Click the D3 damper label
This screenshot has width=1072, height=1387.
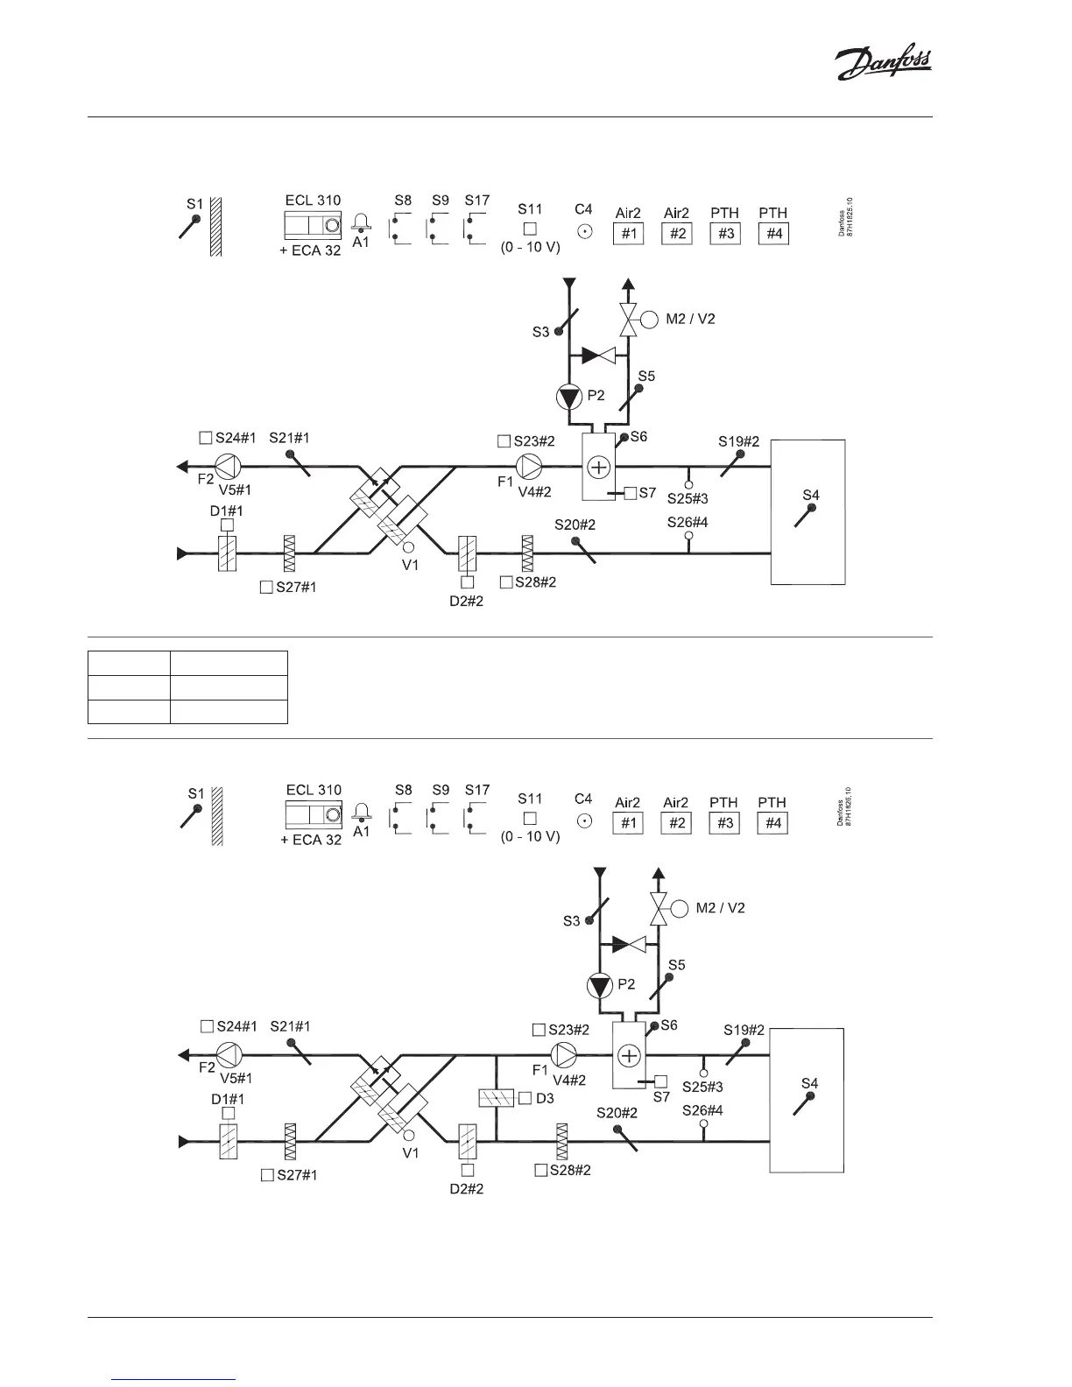click(545, 1098)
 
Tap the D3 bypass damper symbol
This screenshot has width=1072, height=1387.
click(497, 1098)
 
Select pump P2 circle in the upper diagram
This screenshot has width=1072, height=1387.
click(569, 398)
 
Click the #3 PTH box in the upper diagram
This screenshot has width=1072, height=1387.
click(725, 234)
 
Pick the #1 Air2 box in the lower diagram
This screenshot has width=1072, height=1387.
click(628, 823)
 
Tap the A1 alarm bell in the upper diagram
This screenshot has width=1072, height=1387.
click(361, 224)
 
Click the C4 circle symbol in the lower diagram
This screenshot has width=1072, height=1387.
click(583, 821)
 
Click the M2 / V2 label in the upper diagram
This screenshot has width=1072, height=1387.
click(690, 319)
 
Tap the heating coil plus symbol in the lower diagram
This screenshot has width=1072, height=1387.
click(629, 1055)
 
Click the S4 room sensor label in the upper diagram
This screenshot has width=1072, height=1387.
click(811, 496)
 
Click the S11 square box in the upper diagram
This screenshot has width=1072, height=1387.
click(530, 229)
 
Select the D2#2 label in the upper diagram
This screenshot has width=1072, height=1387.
click(466, 601)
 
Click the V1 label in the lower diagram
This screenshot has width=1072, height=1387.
click(411, 1153)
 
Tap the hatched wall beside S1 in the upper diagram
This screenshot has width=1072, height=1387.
click(215, 225)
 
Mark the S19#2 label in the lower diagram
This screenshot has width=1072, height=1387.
click(744, 1030)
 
